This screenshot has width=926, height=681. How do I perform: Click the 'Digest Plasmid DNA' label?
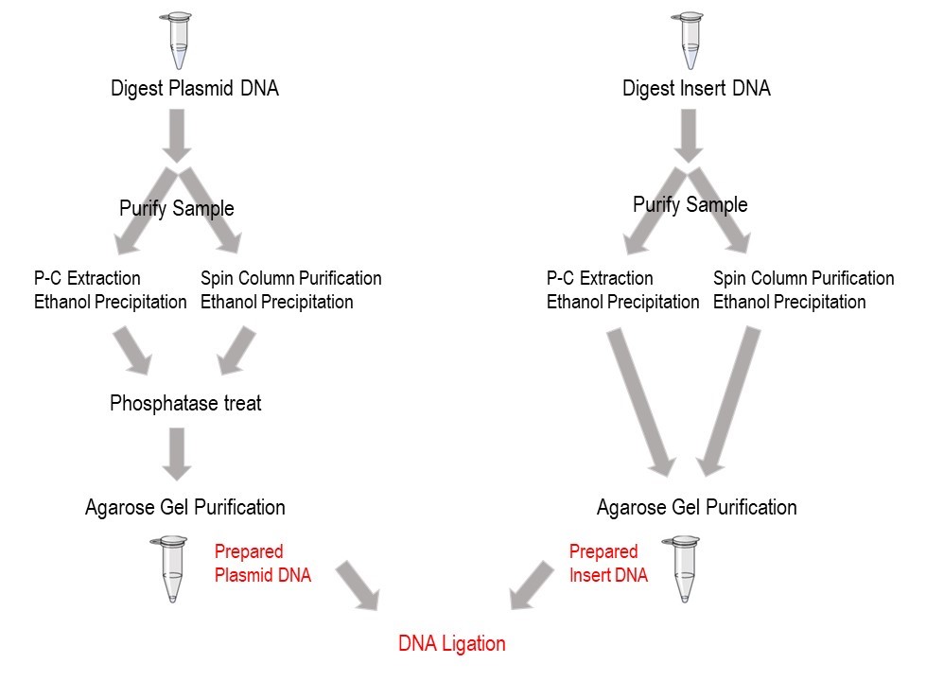coord(194,89)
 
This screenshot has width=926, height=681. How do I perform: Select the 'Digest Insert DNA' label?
coord(696,89)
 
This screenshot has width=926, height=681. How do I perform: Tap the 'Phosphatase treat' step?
coord(185,404)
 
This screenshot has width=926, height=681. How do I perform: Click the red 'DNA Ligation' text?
coord(452,644)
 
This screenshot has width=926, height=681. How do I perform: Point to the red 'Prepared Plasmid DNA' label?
coord(262,563)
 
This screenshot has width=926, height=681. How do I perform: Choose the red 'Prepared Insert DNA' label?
coord(608,563)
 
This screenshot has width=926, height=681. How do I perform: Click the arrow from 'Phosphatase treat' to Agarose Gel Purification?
coord(177,453)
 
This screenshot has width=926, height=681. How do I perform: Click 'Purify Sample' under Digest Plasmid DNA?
coord(177,208)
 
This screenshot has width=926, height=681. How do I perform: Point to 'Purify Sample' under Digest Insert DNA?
coord(690,205)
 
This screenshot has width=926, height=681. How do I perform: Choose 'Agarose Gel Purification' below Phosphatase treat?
coord(184,508)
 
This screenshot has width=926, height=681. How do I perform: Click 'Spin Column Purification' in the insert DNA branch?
coord(803,279)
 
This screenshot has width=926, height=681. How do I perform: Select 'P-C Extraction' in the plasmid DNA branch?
coord(86,279)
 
